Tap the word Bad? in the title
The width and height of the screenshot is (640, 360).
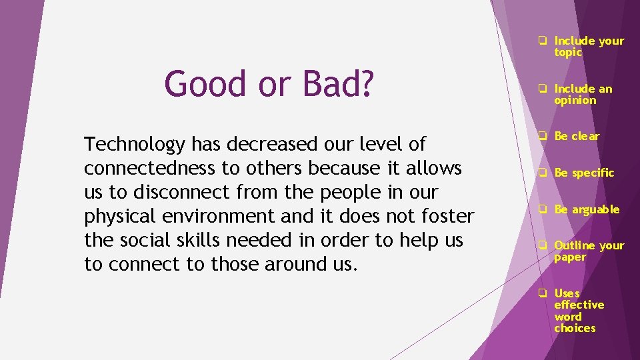coord(339,85)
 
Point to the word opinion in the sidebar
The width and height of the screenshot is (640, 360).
coord(575,101)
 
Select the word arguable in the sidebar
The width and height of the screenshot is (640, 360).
coord(595,209)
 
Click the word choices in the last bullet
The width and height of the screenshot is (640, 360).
coord(575,328)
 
